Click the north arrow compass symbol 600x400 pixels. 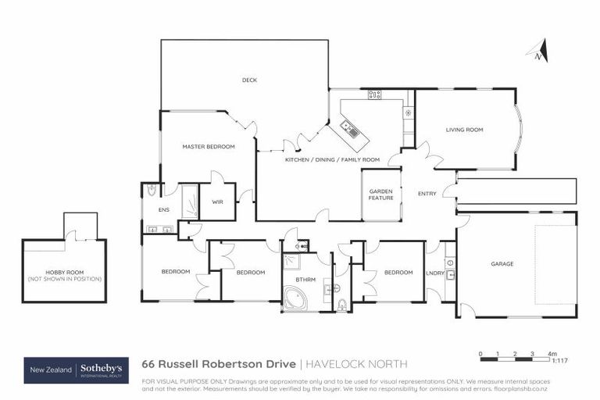(x=539, y=52)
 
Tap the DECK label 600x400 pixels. (x=249, y=80)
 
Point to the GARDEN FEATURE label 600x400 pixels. (x=380, y=195)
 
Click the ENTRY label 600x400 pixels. (x=427, y=194)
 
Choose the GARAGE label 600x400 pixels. (x=502, y=264)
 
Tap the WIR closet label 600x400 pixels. (x=218, y=206)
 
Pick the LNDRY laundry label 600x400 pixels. (x=435, y=273)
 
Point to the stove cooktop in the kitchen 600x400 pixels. (x=375, y=95)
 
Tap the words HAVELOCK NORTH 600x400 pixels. (x=356, y=364)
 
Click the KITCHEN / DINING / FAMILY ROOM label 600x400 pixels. (x=332, y=159)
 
